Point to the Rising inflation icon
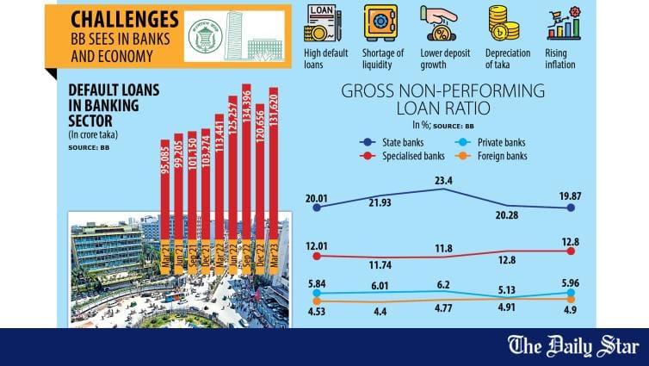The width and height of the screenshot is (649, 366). [564, 23]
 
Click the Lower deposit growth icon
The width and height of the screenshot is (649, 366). [440, 23]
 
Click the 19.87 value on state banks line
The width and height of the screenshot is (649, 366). [570, 197]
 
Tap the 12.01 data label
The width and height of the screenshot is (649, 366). [318, 245]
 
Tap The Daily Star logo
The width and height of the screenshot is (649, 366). [584, 346]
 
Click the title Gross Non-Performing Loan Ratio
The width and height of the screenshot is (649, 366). [442, 99]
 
